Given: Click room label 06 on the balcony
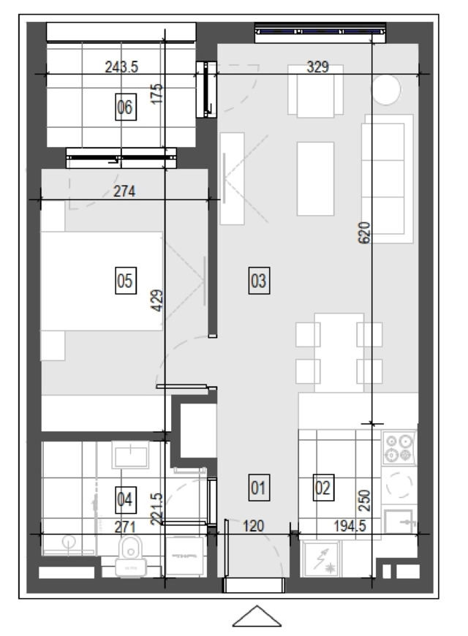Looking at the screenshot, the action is pyautogui.click(x=126, y=107).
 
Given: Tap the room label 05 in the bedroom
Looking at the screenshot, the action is pyautogui.click(x=126, y=280).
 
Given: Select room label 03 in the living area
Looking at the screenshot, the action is pyautogui.click(x=259, y=280).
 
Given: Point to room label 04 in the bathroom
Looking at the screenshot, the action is pyautogui.click(x=126, y=500).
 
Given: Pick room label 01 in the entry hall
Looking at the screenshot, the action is pyautogui.click(x=259, y=487).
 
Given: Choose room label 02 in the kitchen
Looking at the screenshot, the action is pyautogui.click(x=323, y=487).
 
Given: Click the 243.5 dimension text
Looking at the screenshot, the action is pyautogui.click(x=121, y=67).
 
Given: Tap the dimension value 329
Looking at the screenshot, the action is pyautogui.click(x=318, y=67).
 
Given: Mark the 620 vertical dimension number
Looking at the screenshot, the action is pyautogui.click(x=364, y=232).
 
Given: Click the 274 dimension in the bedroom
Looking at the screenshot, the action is pyautogui.click(x=124, y=191).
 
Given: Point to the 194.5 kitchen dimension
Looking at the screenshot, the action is pyautogui.click(x=350, y=526).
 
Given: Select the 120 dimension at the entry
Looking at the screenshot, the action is pyautogui.click(x=253, y=526).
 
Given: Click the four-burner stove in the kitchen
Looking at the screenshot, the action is pyautogui.click(x=399, y=448).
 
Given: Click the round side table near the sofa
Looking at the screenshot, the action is pyautogui.click(x=386, y=90).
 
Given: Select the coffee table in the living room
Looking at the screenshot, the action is pyautogui.click(x=315, y=179).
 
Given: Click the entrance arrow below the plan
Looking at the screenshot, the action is pyautogui.click(x=257, y=616).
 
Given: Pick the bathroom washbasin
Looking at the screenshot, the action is pyautogui.click(x=131, y=455).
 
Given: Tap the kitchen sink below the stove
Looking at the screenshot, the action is pyautogui.click(x=399, y=521).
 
